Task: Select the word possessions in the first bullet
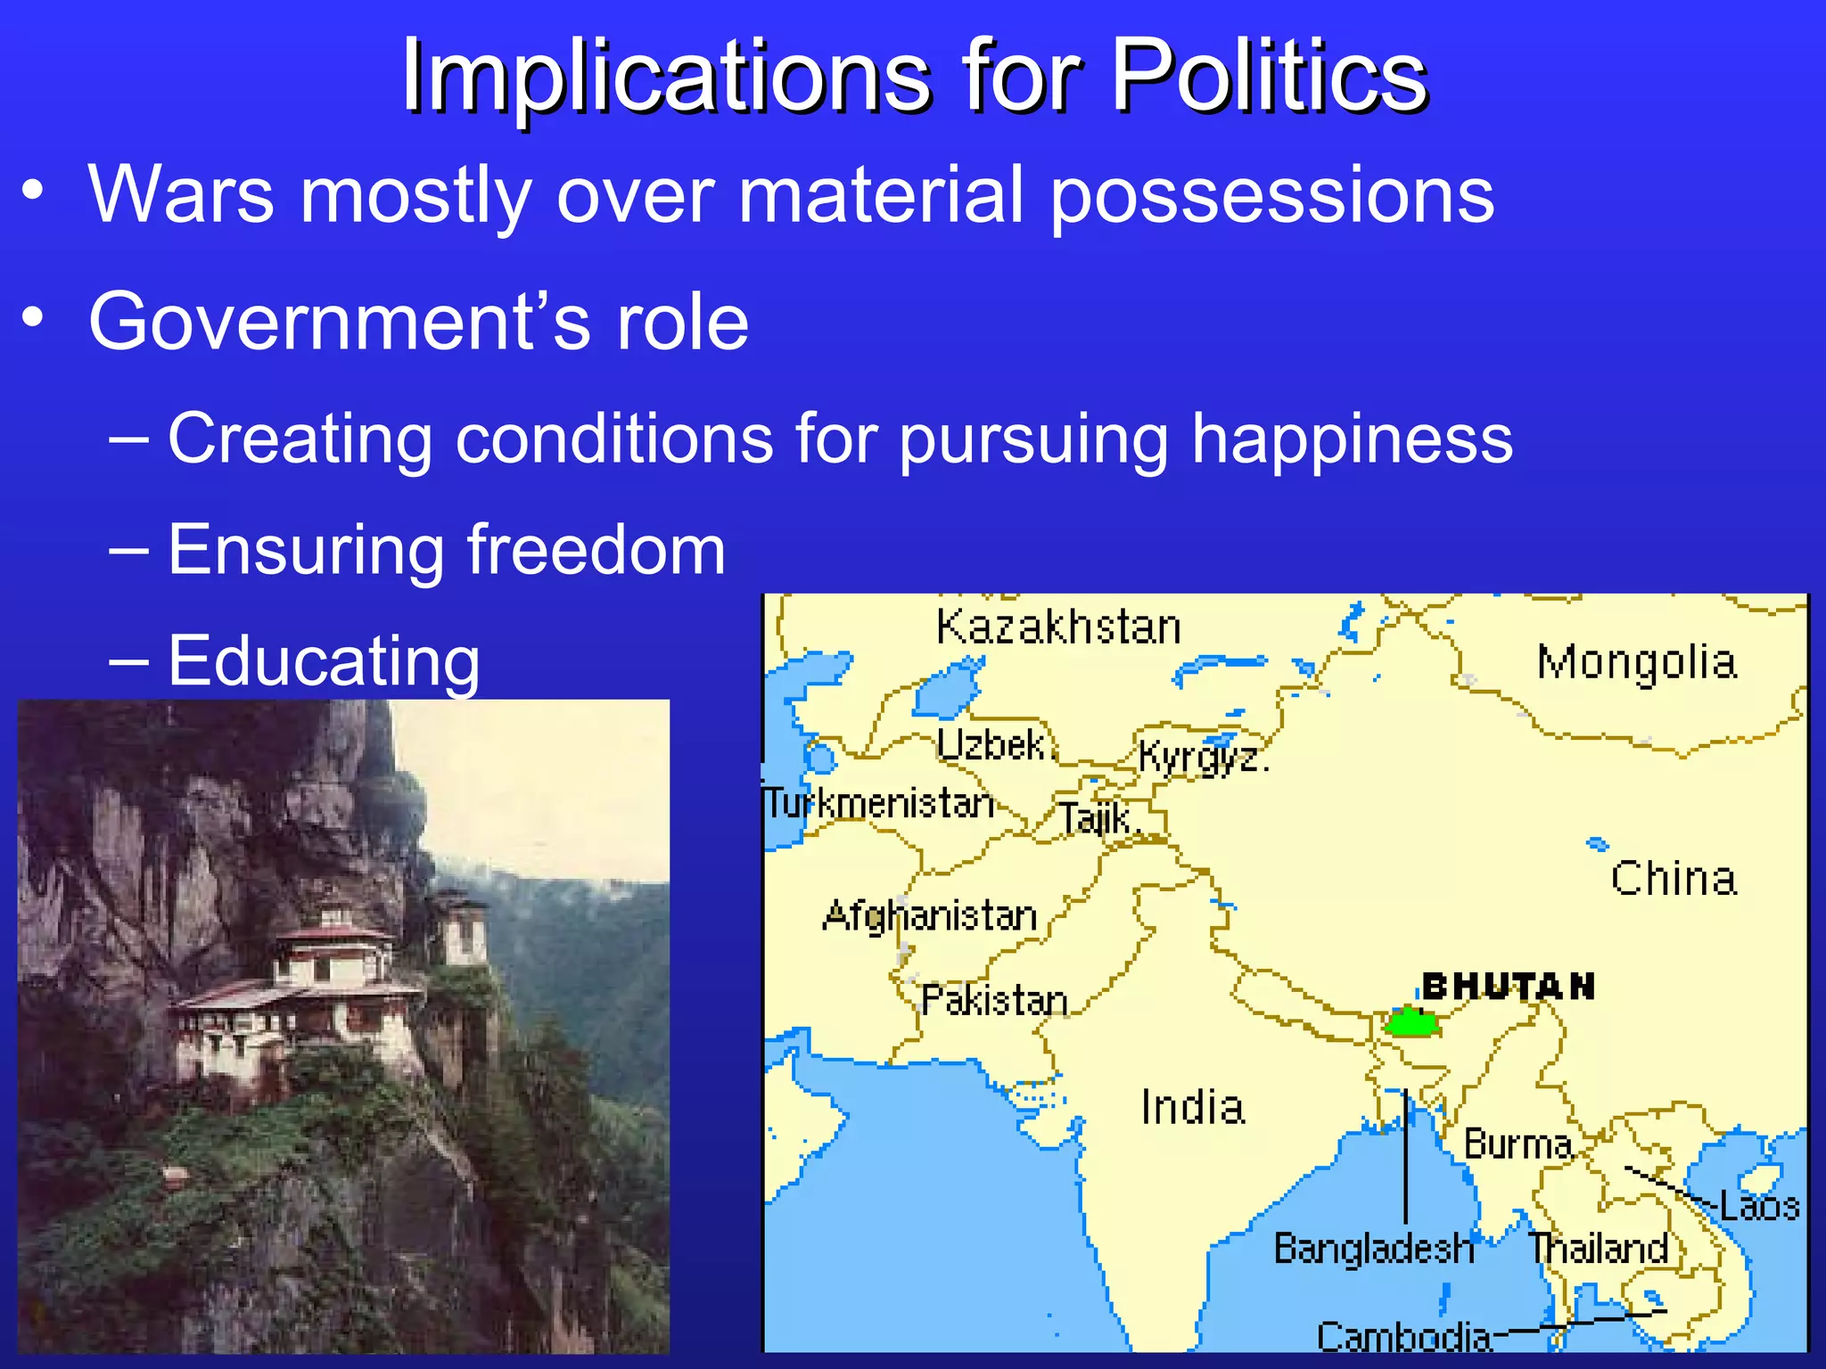click(x=1272, y=195)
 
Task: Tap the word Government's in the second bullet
click(x=339, y=322)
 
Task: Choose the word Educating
click(x=324, y=660)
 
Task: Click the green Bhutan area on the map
click(x=1411, y=1022)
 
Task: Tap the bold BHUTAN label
click(x=1508, y=987)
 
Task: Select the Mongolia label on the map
click(x=1637, y=663)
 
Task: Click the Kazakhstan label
click(x=1058, y=627)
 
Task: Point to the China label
click(x=1674, y=879)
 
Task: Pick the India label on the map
click(x=1192, y=1108)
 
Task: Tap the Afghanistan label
click(x=930, y=916)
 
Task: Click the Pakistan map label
click(x=993, y=1001)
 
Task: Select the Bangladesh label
click(x=1373, y=1248)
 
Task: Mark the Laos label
click(x=1759, y=1206)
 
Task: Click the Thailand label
click(x=1598, y=1248)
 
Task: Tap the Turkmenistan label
click(x=879, y=804)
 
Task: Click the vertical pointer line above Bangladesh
click(x=1406, y=1159)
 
